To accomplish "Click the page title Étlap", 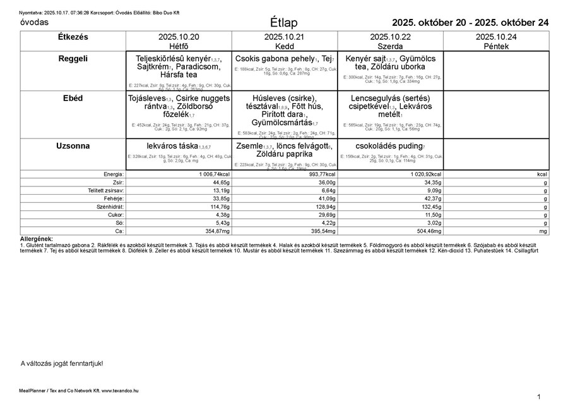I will pyautogui.click(x=283, y=23).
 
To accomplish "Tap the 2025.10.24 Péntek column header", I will pyautogui.click(x=496, y=42).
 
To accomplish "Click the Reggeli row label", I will pyautogui.click(x=73, y=58).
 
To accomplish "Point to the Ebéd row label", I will pyautogui.click(x=73, y=99).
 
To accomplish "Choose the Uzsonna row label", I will pyautogui.click(x=73, y=146).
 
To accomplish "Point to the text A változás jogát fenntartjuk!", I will pyautogui.click(x=62, y=363).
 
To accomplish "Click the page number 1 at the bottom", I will pyautogui.click(x=539, y=396).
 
